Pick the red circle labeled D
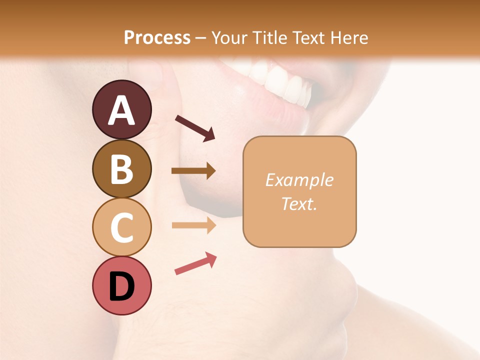pyautogui.click(x=121, y=285)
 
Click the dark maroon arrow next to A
pyautogui.click(x=195, y=128)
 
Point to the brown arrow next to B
pyautogui.click(x=193, y=171)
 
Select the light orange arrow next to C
pyautogui.click(x=193, y=225)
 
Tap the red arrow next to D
pyautogui.click(x=195, y=264)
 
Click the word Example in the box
pyautogui.click(x=299, y=180)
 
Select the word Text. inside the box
pyautogui.click(x=299, y=203)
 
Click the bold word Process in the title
pyautogui.click(x=157, y=37)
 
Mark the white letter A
pyautogui.click(x=121, y=111)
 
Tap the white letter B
pyautogui.click(x=121, y=169)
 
